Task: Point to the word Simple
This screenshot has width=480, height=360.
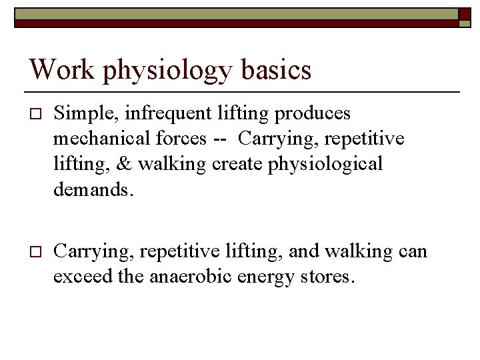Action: click(x=79, y=115)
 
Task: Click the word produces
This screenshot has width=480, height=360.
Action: click(x=316, y=115)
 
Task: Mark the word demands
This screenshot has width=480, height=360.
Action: click(x=93, y=189)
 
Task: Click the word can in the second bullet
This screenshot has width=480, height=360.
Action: click(x=413, y=252)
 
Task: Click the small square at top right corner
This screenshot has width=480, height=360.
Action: click(x=465, y=13)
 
